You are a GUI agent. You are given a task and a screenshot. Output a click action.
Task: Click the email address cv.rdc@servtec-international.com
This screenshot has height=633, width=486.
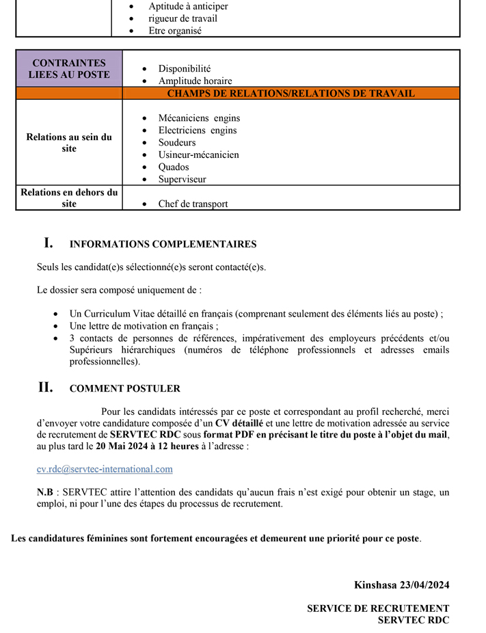click(x=105, y=469)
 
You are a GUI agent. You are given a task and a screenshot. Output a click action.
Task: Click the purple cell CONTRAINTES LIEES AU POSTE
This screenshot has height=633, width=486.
click(x=69, y=68)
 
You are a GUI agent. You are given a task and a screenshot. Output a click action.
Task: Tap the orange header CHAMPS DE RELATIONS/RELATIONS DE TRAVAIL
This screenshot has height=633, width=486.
click(x=291, y=94)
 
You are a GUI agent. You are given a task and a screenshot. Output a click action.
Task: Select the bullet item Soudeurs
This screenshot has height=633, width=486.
click(x=177, y=142)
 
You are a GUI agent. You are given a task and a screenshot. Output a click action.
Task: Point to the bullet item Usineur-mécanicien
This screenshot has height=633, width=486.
click(x=198, y=154)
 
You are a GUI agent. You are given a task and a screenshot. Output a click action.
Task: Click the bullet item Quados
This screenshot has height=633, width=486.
click(x=174, y=167)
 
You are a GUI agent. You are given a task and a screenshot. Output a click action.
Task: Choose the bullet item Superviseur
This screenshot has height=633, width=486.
click(x=182, y=179)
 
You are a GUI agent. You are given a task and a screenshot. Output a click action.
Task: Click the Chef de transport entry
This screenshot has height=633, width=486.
click(x=193, y=204)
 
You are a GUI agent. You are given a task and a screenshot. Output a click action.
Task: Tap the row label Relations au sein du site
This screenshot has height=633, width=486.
click(x=69, y=142)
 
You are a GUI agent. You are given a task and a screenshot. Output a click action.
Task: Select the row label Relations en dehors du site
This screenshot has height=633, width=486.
click(x=69, y=198)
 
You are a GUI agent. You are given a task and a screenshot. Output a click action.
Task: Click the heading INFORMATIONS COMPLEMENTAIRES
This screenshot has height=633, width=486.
click(x=163, y=244)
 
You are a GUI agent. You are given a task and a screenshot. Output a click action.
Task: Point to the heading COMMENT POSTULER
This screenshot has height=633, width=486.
click(x=124, y=388)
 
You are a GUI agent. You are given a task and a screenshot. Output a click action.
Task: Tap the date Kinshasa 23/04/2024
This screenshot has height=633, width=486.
click(x=401, y=584)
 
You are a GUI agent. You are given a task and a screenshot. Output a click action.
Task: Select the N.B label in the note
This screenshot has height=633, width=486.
click(x=45, y=492)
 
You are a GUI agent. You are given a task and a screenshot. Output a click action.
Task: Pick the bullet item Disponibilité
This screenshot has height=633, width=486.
click(x=185, y=68)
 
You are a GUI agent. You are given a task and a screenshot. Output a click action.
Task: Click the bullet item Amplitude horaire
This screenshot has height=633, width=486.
click(x=195, y=81)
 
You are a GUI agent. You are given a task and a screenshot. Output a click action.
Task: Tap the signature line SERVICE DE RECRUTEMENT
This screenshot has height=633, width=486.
click(x=378, y=608)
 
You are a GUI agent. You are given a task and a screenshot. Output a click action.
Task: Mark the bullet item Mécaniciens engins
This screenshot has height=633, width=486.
click(x=199, y=118)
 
